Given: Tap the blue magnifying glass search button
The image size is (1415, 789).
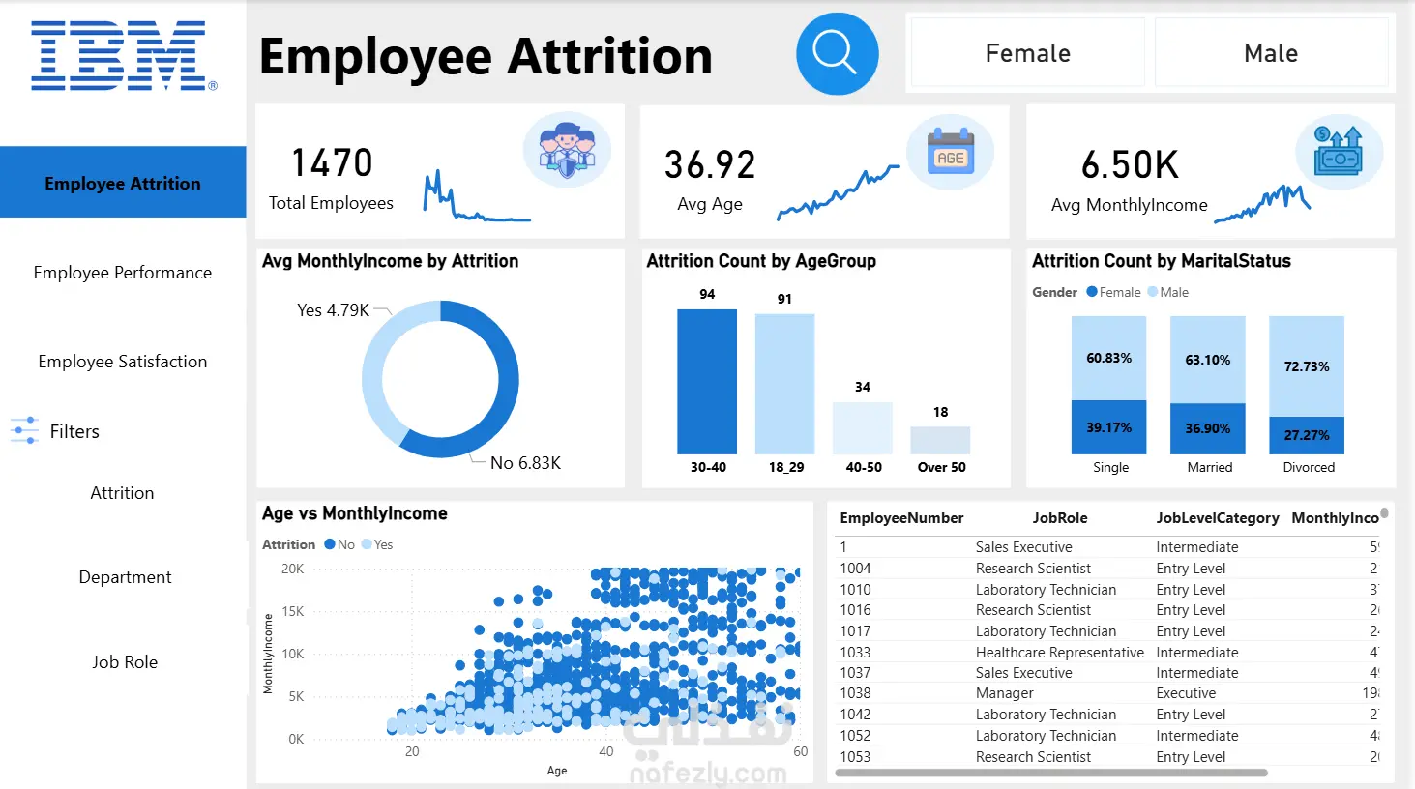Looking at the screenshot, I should (837, 54).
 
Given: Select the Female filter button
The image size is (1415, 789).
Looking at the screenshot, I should (1027, 53).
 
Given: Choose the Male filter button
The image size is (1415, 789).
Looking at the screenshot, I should (1270, 53).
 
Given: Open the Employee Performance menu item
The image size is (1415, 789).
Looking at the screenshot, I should (123, 273).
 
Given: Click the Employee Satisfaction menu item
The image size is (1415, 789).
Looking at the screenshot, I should (123, 362).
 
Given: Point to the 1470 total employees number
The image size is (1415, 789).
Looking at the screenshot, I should (332, 163).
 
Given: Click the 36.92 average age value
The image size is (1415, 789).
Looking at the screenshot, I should (709, 165).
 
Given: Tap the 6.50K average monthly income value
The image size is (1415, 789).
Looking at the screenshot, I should (1130, 166).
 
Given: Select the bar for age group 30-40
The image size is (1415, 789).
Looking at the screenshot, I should (707, 382).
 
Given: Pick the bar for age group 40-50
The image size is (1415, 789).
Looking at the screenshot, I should (862, 428).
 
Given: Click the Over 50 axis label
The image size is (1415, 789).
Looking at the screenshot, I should (941, 467).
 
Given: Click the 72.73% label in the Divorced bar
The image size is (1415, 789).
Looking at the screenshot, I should (1306, 366).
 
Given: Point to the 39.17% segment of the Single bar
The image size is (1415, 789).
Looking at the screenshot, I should (1108, 427).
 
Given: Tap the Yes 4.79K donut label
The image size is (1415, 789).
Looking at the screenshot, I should (333, 310).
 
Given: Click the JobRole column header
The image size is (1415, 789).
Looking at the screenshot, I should (1059, 518).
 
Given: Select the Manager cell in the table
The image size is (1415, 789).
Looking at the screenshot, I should (1004, 693).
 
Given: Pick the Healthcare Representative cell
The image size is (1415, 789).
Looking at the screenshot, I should (1059, 653).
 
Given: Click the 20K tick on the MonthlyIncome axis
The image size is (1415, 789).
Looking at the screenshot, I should (292, 569).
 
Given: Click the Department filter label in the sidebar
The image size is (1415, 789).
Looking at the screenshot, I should (125, 577).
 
